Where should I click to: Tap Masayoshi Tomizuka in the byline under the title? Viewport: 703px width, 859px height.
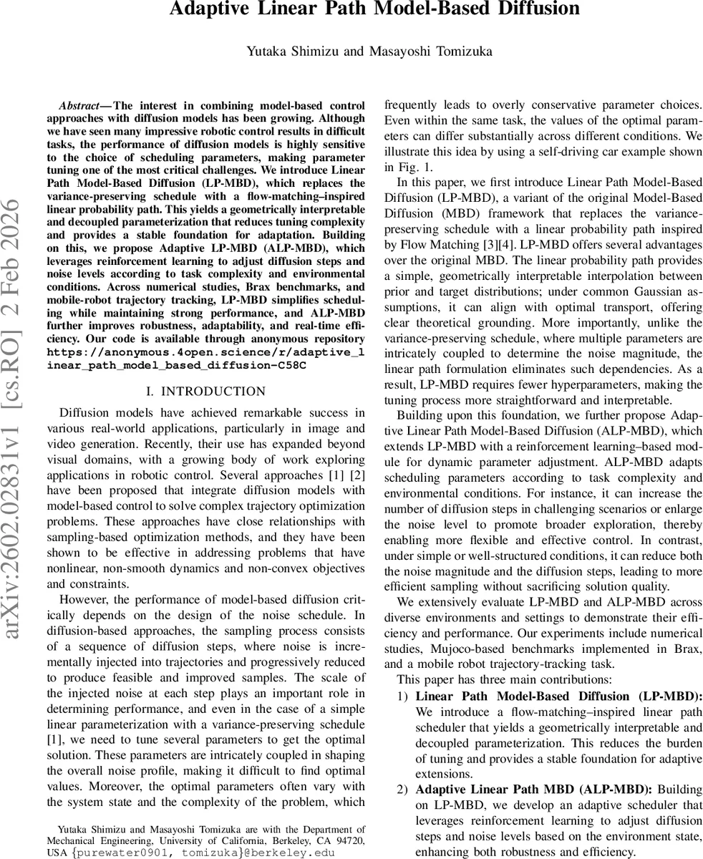[412, 51]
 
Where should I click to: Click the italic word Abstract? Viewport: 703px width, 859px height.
[79, 105]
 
